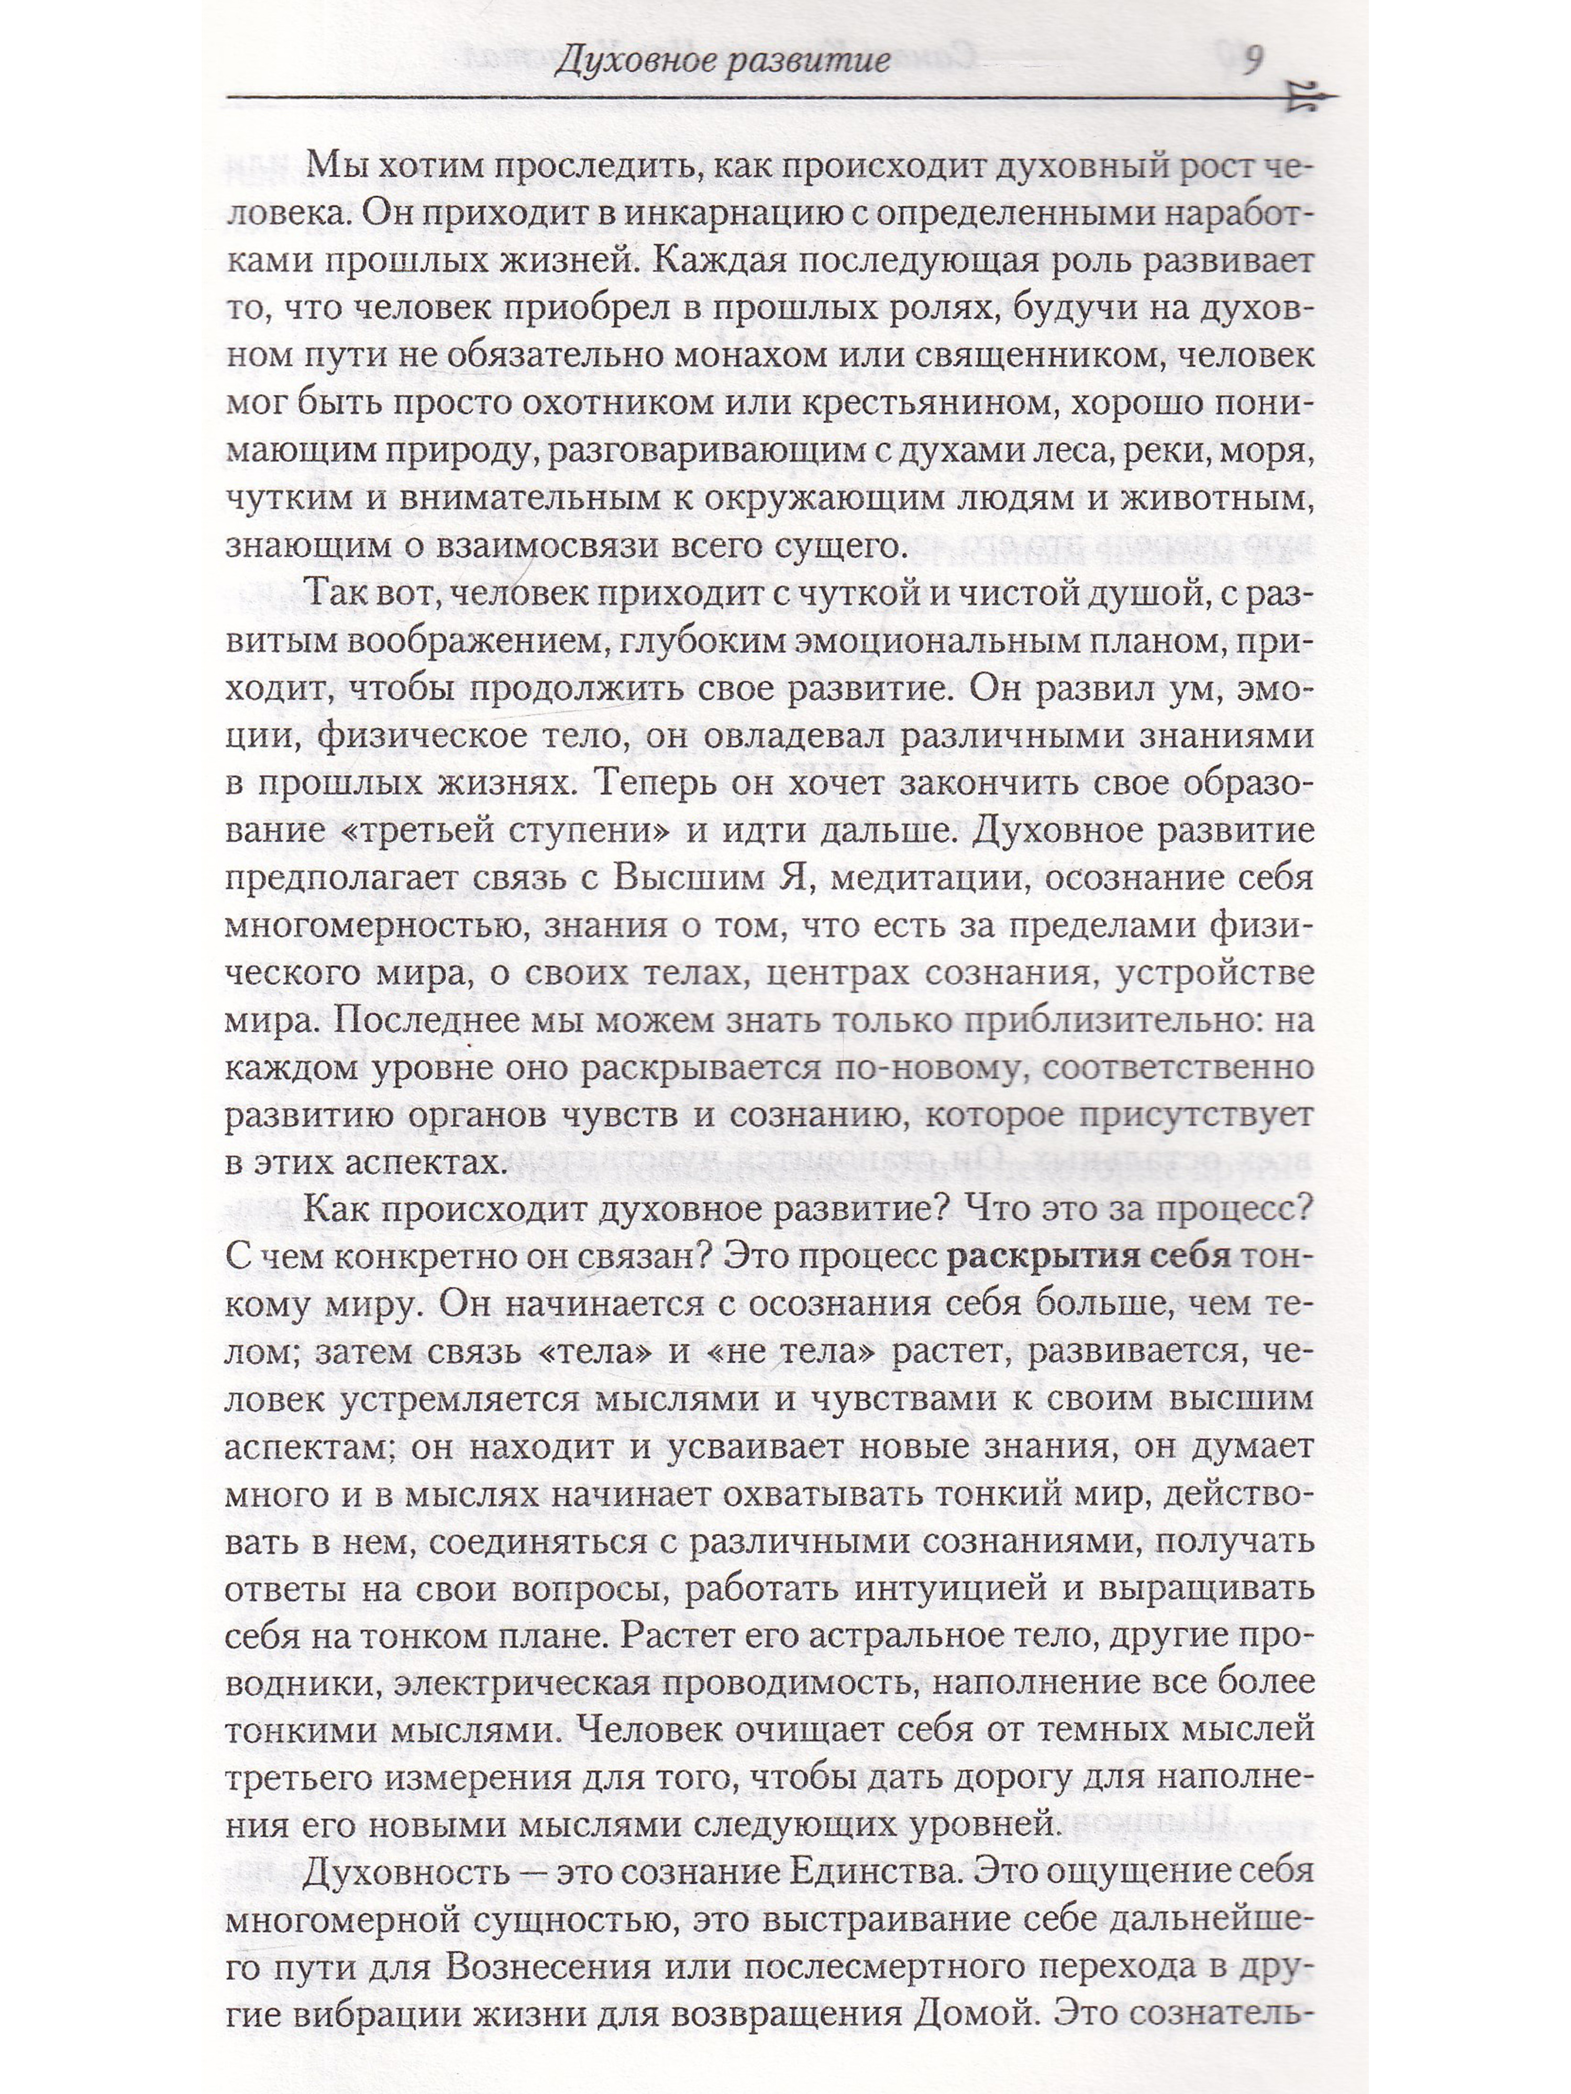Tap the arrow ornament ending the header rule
pos(1312,96)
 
